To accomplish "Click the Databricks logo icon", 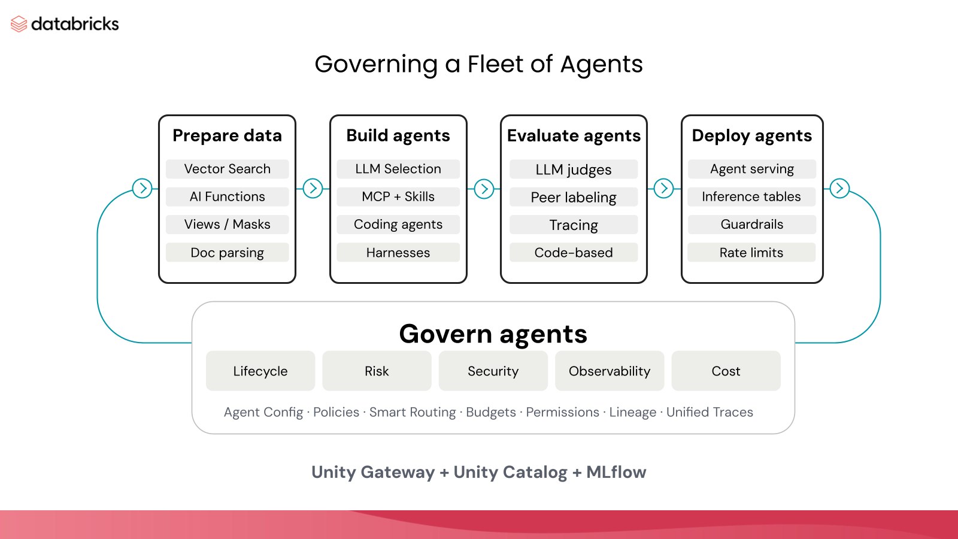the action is [x=19, y=24].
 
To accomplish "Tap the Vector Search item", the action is [x=227, y=169].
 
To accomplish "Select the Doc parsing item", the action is [x=227, y=252].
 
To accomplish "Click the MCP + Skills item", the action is [x=398, y=197].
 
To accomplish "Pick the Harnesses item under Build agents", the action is [x=398, y=252].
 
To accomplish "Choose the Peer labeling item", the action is [x=574, y=197].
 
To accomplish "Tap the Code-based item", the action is [x=574, y=252].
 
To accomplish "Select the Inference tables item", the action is [x=751, y=197].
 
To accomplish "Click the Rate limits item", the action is [x=751, y=252].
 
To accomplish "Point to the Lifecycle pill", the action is [x=260, y=371].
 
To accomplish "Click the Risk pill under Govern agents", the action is [x=377, y=371].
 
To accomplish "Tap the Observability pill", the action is [x=610, y=371].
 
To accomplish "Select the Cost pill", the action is [x=726, y=371].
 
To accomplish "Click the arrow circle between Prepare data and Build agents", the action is [x=313, y=188].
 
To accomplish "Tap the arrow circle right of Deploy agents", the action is [x=839, y=188].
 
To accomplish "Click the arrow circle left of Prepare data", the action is [x=143, y=188].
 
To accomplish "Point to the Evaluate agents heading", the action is [x=574, y=135].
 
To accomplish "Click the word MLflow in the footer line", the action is [x=616, y=473].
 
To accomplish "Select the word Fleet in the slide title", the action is [x=495, y=64].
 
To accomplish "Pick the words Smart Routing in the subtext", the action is [x=413, y=412].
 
